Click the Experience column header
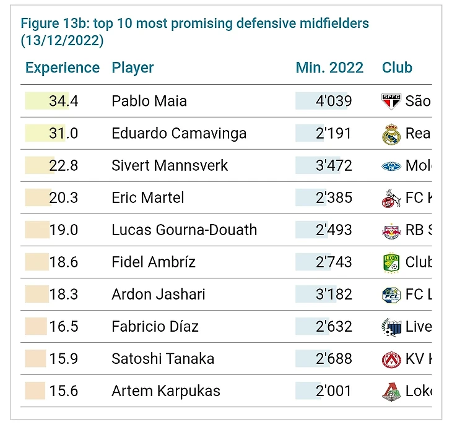click(x=62, y=68)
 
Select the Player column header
click(x=133, y=68)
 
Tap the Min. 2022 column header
click(x=329, y=68)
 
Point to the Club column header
click(x=397, y=68)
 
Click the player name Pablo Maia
click(x=149, y=101)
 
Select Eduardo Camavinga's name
click(x=179, y=133)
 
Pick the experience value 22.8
click(x=64, y=166)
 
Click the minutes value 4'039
click(x=334, y=101)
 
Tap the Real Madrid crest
click(x=391, y=134)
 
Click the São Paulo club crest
click(x=391, y=101)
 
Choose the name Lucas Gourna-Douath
click(x=184, y=230)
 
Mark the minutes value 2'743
click(x=334, y=262)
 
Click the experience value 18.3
click(x=64, y=295)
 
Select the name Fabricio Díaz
click(x=155, y=327)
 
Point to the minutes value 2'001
click(x=334, y=391)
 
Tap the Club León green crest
click(x=391, y=262)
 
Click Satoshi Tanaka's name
click(x=163, y=359)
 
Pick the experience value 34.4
click(x=64, y=101)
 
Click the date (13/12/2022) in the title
click(x=62, y=41)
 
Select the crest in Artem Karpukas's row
click(x=391, y=391)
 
